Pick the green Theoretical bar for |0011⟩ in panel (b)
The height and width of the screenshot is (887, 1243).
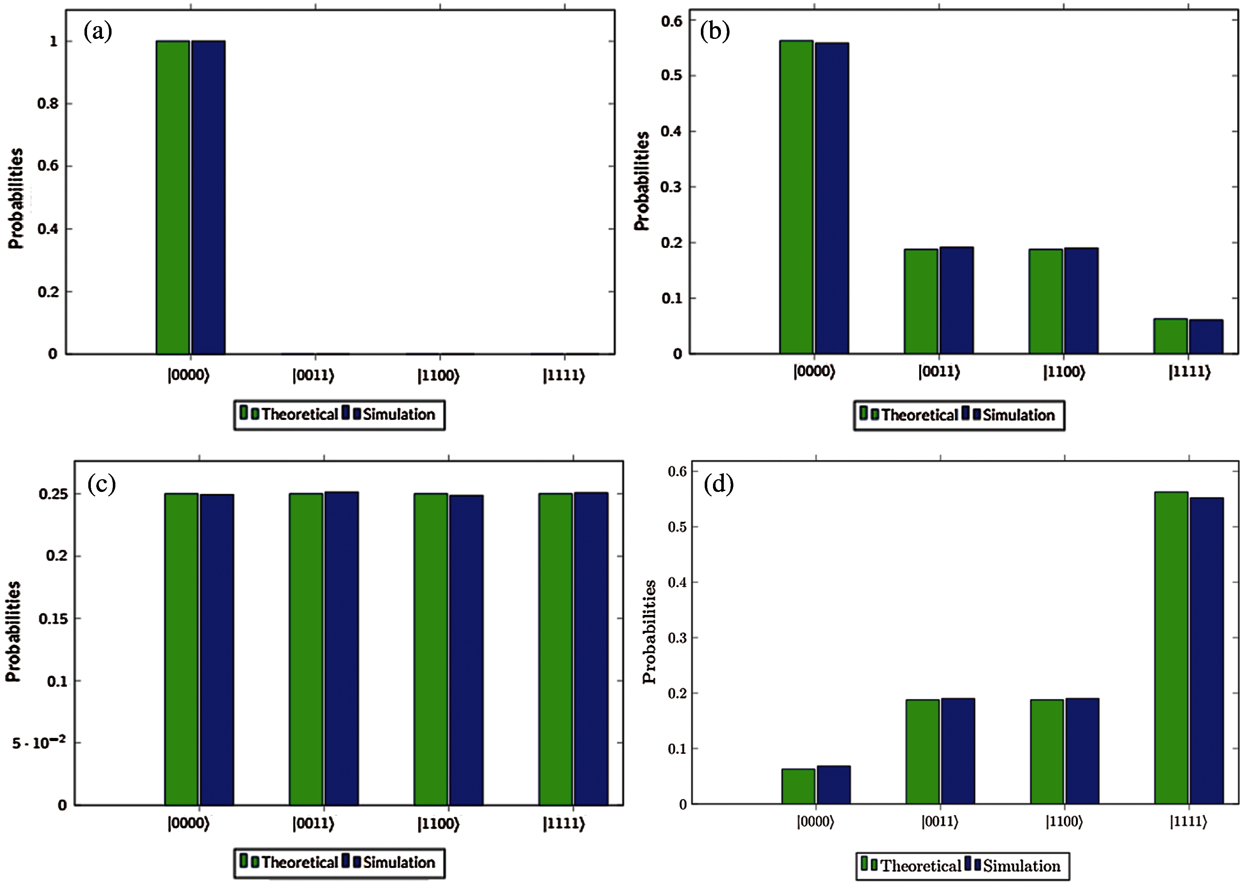pyautogui.click(x=921, y=301)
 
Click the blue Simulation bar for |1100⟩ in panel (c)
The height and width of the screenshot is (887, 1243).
pyautogui.click(x=466, y=650)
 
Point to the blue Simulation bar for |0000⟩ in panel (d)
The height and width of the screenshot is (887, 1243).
pyautogui.click(x=834, y=785)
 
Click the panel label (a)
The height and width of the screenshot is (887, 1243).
pyautogui.click(x=98, y=32)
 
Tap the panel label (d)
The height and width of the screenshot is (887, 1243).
pyautogui.click(x=718, y=484)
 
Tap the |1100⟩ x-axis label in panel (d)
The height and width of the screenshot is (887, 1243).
pyautogui.click(x=1064, y=821)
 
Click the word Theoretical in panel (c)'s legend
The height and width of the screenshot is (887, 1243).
pyautogui.click(x=299, y=862)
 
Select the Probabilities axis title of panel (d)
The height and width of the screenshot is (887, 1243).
pyautogui.click(x=649, y=631)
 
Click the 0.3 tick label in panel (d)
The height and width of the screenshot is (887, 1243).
pyautogui.click(x=678, y=638)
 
